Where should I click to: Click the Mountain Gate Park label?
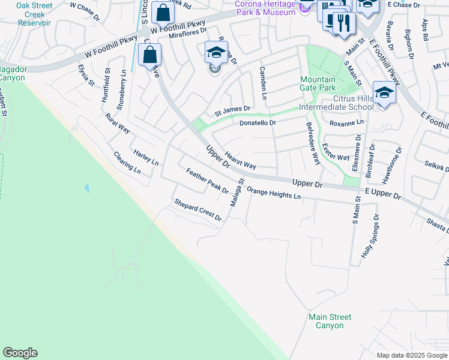pos(318,83)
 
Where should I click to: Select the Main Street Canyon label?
pos(330,321)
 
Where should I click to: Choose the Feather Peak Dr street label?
pos(207,181)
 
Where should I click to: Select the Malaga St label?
pos(238,193)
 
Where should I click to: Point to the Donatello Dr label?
pos(257,123)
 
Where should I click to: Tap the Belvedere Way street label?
pos(313,143)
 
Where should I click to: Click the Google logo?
pos(20,353)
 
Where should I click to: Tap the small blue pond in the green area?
pos(87,188)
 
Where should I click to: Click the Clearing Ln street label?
pos(127,163)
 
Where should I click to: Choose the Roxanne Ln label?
pos(347,122)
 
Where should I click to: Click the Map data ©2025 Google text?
pos(412,355)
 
